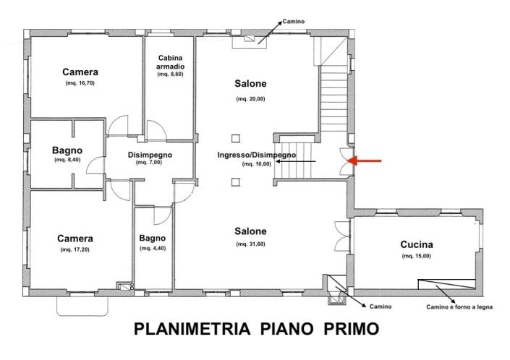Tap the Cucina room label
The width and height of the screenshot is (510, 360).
(417, 244)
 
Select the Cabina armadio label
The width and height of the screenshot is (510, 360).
(170, 62)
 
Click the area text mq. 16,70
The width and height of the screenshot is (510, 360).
(80, 84)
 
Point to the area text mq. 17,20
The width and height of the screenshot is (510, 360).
(76, 249)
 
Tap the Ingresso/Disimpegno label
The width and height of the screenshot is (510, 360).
(256, 155)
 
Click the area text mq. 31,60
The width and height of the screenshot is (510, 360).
(250, 244)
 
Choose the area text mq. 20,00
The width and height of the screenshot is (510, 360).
(250, 98)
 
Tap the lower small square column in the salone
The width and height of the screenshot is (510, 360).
(235, 181)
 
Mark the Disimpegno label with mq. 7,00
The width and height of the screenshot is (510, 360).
(150, 154)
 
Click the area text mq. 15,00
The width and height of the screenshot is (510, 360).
(417, 256)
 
